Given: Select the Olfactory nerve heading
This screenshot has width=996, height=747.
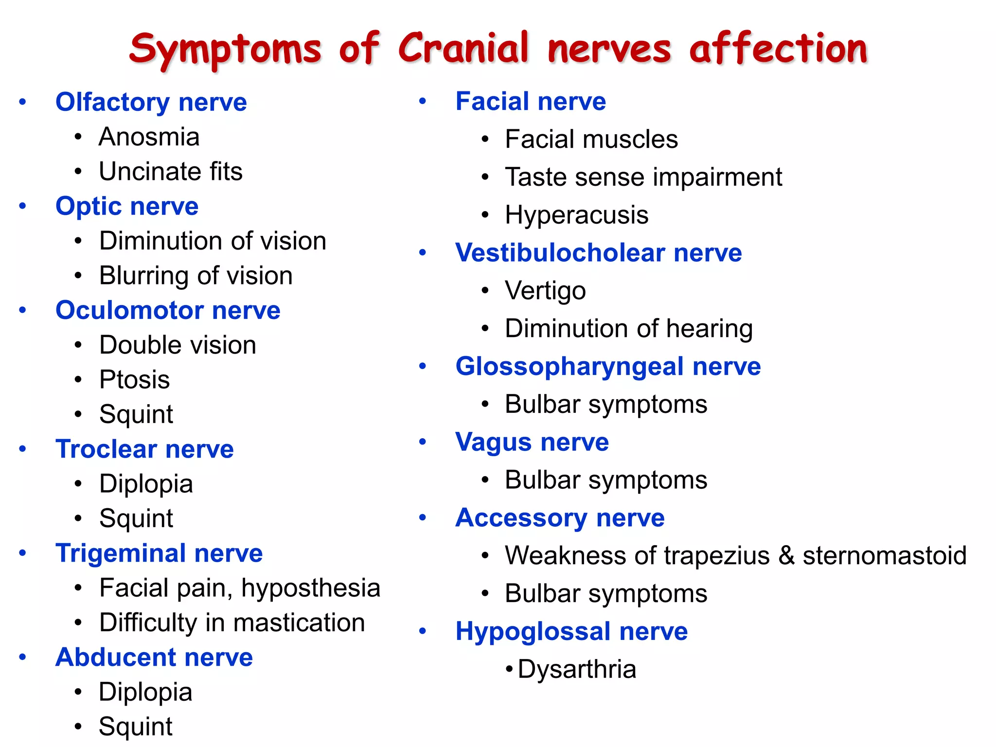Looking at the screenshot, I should point(151,102).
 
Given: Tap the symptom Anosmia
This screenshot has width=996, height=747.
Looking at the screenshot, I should point(149,137).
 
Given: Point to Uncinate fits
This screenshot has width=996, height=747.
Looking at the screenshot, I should point(170,171).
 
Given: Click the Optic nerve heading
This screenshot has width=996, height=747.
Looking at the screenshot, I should point(127,206).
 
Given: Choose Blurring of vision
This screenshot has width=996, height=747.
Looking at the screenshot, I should point(196,275).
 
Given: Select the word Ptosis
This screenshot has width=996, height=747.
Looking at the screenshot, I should point(134,379).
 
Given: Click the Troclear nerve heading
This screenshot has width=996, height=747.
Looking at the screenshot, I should point(144,449).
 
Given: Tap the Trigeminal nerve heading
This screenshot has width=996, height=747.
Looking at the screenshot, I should point(159,553).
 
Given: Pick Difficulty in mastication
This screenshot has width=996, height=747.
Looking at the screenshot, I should point(232,622).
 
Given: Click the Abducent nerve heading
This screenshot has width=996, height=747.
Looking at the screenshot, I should point(154,657).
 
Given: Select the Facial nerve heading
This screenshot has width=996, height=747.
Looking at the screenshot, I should point(531,101).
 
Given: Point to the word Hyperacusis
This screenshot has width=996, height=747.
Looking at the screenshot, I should point(576,214).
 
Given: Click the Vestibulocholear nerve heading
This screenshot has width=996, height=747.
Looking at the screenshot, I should point(598,253).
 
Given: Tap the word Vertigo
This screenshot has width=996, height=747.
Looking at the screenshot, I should point(545,291).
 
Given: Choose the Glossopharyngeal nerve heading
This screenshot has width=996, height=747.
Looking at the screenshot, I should point(608,366).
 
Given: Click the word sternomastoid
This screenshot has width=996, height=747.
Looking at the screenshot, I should point(884,555).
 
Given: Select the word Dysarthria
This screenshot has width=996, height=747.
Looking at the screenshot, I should point(577,669).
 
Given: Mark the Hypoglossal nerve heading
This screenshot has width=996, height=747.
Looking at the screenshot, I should point(571,631).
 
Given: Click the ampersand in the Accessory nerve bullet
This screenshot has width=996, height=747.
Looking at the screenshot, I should point(786,555).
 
